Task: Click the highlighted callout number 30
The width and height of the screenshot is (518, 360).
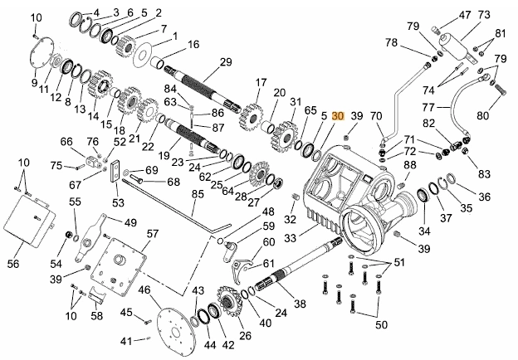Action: (337, 116)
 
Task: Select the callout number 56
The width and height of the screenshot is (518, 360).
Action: (12, 264)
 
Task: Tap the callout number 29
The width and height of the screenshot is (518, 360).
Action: (224, 62)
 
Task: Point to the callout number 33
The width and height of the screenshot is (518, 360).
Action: (290, 237)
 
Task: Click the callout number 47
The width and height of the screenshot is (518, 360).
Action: (464, 14)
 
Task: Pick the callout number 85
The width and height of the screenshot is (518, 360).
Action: (198, 194)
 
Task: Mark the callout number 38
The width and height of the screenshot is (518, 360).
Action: (299, 304)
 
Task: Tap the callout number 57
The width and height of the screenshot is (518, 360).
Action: (152, 234)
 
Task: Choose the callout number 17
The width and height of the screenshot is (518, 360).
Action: (261, 82)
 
